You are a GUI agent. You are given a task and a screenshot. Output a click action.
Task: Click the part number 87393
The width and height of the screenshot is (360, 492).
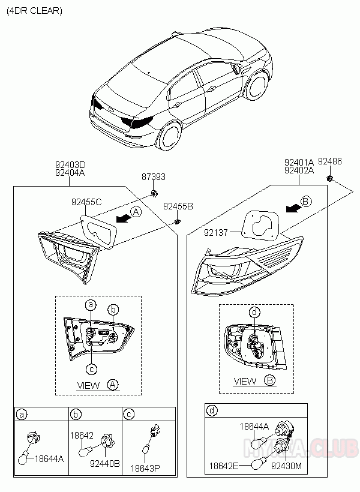pos(154,177)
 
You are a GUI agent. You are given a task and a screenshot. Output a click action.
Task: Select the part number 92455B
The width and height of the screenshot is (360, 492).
pos(178,206)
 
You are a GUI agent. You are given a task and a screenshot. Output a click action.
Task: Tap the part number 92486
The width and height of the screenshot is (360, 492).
pos(330,161)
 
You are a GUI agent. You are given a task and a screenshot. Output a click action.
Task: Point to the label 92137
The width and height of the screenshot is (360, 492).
pos(216,233)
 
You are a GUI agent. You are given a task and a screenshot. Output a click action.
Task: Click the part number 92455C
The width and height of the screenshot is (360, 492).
pos(86,202)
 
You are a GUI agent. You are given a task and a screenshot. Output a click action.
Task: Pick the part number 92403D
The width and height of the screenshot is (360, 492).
pos(70,165)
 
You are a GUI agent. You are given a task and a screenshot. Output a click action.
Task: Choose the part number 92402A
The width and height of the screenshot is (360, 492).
pos(299,170)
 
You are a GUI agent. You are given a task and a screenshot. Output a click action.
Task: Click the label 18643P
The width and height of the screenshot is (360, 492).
pos(145,469)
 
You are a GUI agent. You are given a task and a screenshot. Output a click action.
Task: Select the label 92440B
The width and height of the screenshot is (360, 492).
pos(105,463)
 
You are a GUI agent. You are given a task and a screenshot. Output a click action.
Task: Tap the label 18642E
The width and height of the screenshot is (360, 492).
pos(224,466)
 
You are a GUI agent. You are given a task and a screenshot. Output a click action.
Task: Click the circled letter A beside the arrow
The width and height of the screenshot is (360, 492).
pos(136,212)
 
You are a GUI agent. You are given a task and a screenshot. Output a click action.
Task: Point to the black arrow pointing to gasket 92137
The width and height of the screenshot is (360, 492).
pos(293,208)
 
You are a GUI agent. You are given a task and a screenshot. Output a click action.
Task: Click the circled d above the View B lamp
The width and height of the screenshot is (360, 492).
pos(254,312)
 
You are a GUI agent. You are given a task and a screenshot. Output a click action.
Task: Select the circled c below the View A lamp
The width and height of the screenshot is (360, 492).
pos(91,369)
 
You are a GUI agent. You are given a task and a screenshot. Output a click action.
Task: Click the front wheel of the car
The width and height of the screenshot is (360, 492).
pos(257,86)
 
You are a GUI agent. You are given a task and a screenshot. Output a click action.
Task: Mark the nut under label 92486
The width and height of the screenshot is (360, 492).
pos(330,179)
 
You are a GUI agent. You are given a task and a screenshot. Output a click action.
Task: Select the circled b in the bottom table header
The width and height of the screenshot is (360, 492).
pos(76,415)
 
